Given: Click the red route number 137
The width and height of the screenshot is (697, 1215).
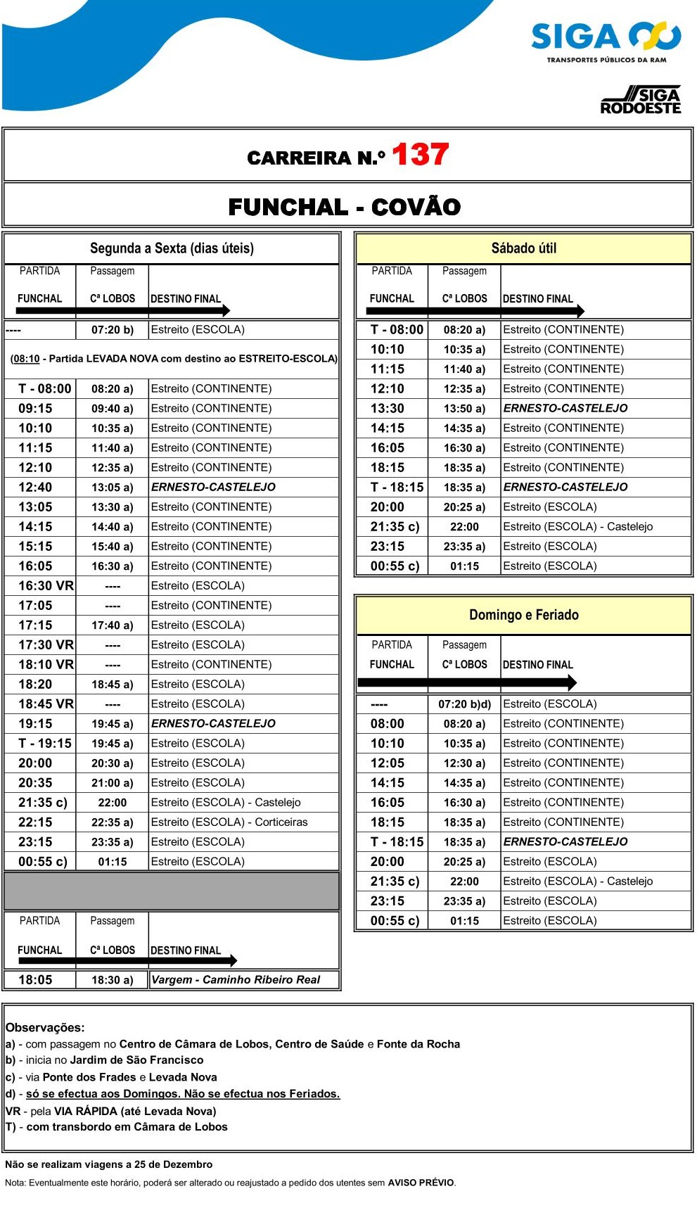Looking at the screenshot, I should coord(420,155).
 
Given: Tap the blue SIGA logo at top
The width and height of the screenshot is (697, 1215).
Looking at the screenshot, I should coord(606,37).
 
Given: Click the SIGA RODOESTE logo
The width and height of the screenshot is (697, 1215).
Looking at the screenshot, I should coord(641,101).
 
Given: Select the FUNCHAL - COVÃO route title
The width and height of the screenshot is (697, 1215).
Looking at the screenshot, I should coord(345,207).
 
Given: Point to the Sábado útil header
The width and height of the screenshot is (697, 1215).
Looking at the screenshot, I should coord(523,248).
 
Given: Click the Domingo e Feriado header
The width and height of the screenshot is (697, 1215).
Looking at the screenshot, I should coord(523,615).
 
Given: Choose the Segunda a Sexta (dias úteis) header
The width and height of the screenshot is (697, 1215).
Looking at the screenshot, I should coord(172,248).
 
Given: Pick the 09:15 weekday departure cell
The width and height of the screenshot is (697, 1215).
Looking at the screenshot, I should coord(36,408).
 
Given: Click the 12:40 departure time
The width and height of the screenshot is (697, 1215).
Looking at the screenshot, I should coord(36,487).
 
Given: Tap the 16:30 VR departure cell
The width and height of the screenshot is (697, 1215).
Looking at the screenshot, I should coord(46,585).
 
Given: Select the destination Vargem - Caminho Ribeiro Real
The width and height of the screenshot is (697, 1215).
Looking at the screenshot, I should coord(236,979).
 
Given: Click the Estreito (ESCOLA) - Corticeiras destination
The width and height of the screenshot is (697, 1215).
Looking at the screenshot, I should coord(229,822).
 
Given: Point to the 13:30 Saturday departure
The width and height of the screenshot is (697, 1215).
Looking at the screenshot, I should coord(388,408).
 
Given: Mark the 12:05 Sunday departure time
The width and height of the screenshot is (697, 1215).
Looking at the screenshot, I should coord(388,763).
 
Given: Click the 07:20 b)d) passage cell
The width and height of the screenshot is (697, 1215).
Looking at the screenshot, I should coord(464,704).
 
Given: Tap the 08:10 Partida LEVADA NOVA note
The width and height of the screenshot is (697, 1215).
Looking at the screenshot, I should coord(174,359).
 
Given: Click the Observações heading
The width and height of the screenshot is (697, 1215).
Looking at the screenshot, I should coord(45,1027).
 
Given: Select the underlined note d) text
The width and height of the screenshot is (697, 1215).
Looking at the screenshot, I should coord(183,1093).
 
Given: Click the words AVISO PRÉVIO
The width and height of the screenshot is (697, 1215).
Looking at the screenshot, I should coord(421,1183).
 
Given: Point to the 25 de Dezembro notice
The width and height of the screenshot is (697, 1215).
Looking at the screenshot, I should coord(108,1164).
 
